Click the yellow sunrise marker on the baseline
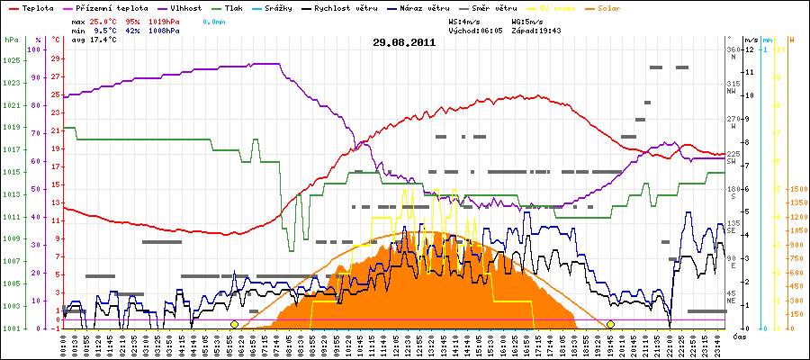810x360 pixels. point(234,324)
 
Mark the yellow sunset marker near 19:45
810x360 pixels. point(610,324)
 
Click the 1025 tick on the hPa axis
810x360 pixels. point(11,60)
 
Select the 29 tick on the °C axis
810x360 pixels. point(56,58)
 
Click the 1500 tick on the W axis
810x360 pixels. point(796,190)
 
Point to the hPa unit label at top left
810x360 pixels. point(11,40)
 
